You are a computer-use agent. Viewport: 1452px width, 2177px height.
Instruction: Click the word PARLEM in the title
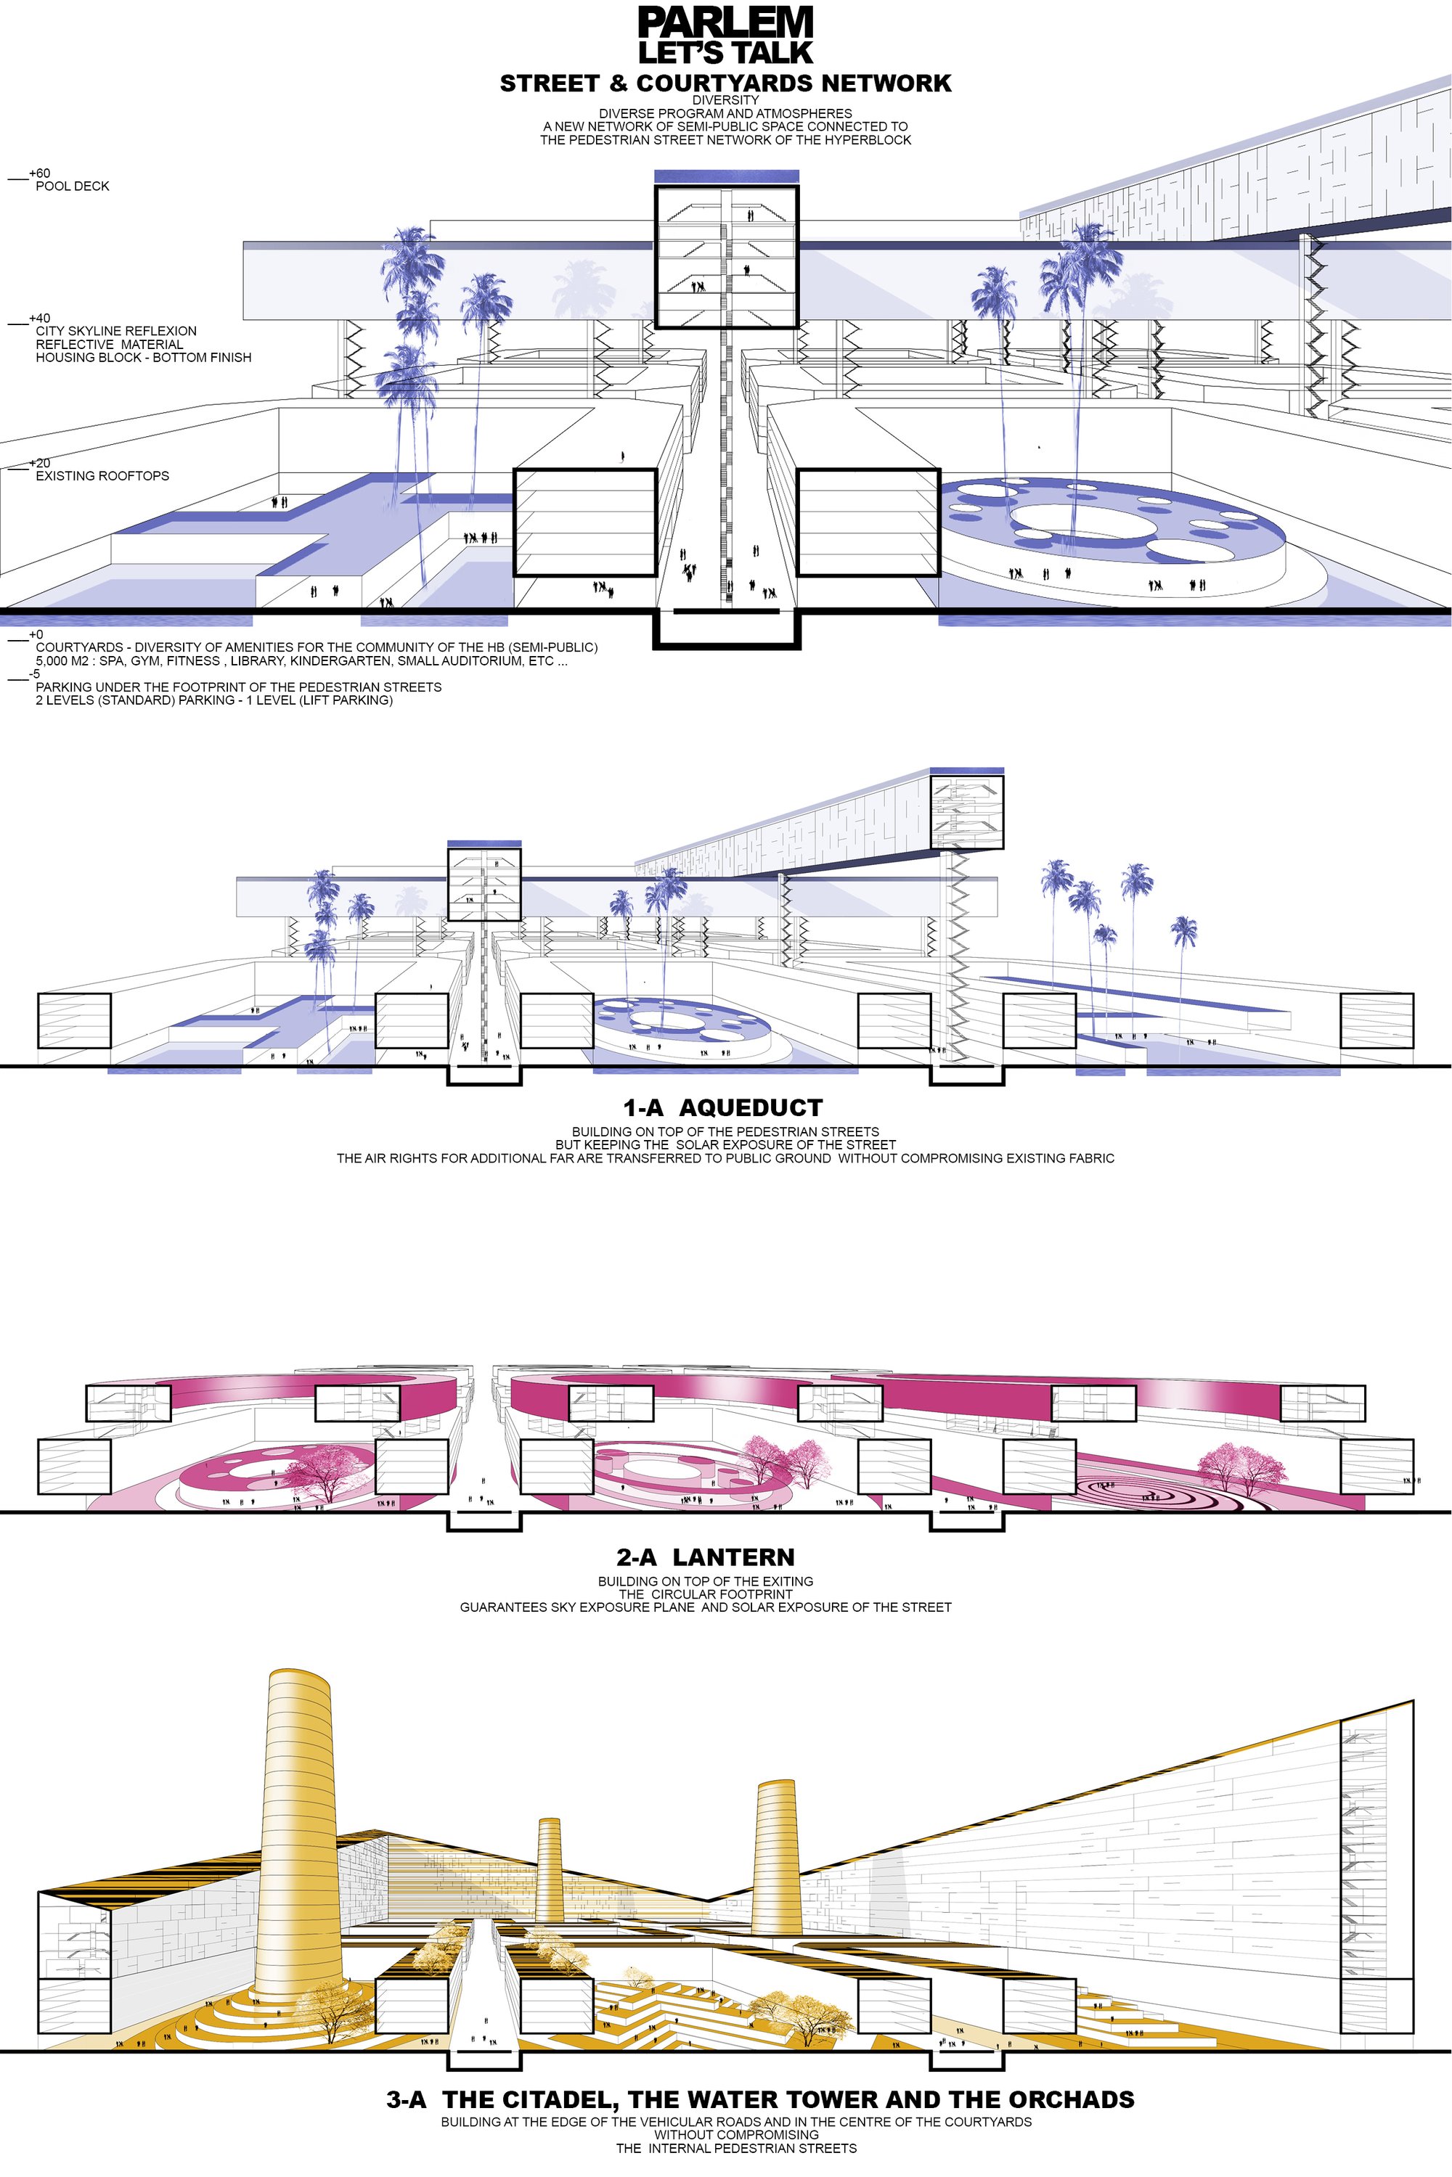click(726, 22)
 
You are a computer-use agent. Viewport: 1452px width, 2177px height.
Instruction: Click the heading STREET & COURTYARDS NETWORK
click(726, 83)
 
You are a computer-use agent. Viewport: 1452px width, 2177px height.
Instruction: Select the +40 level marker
click(40, 319)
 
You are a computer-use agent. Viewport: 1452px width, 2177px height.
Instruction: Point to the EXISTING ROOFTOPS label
click(103, 476)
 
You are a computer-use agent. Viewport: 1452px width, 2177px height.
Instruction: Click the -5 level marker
click(34, 674)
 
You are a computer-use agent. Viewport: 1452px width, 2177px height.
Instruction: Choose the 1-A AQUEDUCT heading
click(723, 1108)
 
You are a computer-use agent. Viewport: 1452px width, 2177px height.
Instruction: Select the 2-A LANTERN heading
click(706, 1557)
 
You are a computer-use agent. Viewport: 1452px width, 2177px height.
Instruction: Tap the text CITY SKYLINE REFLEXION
click(117, 330)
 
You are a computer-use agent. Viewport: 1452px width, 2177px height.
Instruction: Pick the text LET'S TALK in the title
click(726, 52)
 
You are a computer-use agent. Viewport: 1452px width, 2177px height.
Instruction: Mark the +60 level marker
click(40, 173)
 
